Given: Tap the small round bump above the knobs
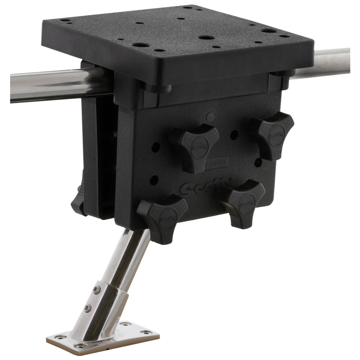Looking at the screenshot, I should click(x=211, y=117).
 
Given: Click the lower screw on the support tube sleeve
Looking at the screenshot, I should click(x=87, y=308).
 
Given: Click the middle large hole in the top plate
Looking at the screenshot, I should click(x=207, y=37).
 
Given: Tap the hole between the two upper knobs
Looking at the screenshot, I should click(x=234, y=135).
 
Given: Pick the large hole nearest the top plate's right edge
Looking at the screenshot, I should click(x=269, y=31).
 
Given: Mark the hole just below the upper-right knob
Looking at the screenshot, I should click(x=258, y=162).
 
